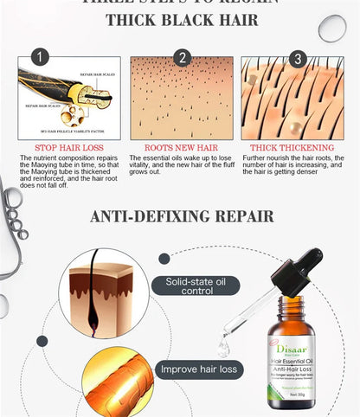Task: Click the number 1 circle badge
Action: click(x=39, y=58)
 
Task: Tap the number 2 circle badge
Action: click(x=182, y=58)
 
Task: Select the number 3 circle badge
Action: click(x=297, y=58)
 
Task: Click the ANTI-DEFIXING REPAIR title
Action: click(x=182, y=215)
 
